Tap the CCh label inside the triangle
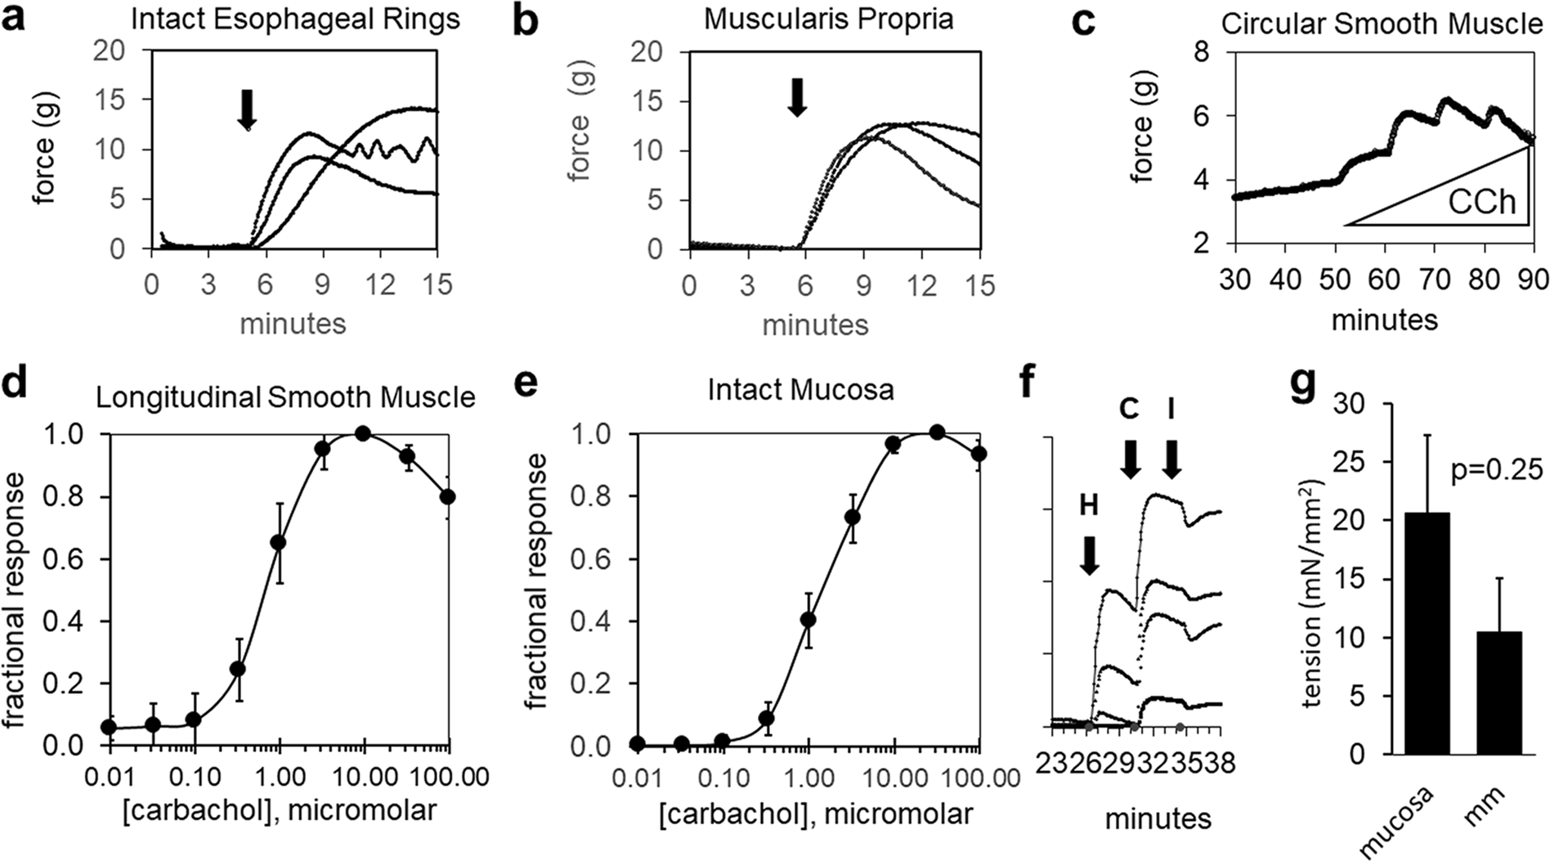pos(1481,200)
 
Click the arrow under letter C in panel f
pos(1131,459)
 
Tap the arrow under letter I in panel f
pos(1171,459)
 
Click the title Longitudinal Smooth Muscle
pos(285,397)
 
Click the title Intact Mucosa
pos(800,389)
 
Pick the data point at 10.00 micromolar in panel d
pos(364,433)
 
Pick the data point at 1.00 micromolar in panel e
pos(808,620)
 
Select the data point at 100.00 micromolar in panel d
pos(447,497)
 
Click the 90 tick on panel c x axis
pos(1532,280)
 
